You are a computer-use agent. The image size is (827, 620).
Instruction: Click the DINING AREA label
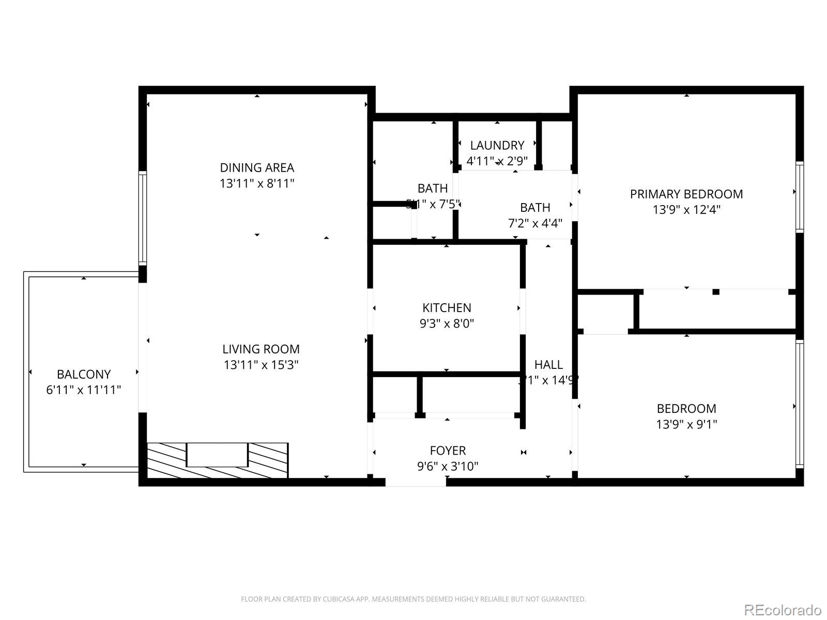(257, 167)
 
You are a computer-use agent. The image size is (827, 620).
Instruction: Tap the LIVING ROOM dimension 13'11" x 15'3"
(261, 365)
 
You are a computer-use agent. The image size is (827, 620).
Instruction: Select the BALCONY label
(84, 374)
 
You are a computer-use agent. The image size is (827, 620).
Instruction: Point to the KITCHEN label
(447, 308)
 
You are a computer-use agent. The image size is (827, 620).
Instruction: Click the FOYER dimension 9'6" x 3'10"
(448, 467)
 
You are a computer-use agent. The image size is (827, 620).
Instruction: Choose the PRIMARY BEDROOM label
(686, 194)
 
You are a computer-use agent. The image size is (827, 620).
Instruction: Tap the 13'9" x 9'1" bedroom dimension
(686, 424)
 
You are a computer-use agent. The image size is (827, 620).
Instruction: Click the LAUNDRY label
(497, 145)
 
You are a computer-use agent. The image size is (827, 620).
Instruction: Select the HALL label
(548, 365)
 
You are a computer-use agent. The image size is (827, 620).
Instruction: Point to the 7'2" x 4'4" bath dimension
(535, 223)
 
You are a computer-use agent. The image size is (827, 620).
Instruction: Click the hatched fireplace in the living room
(217, 460)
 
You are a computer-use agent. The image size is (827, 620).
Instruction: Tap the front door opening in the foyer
(416, 482)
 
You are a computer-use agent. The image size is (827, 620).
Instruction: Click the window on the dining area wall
(143, 218)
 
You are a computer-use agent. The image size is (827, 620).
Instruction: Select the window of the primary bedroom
(799, 196)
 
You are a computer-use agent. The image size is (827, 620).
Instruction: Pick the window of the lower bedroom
(799, 404)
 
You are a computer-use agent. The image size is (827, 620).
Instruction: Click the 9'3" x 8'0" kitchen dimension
(447, 324)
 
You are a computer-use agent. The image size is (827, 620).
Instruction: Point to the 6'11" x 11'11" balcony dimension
(84, 390)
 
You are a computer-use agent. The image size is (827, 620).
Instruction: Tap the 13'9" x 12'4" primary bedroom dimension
(686, 210)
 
